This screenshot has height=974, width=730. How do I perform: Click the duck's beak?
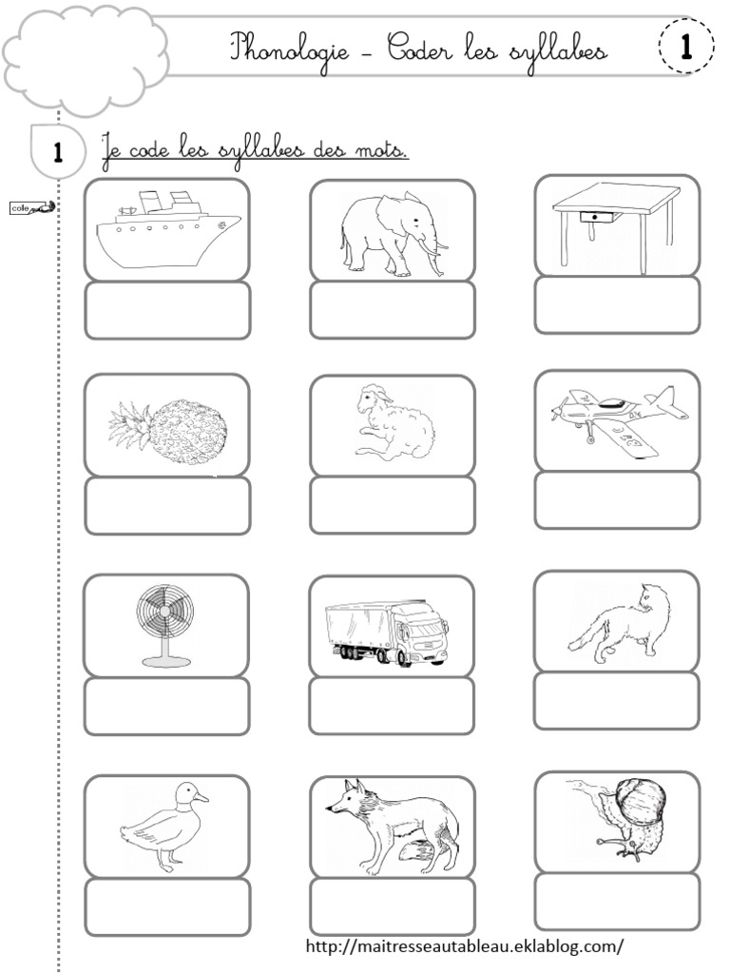(203, 794)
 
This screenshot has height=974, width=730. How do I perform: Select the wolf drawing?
(392, 825)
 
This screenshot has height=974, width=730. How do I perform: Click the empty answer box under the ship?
(167, 310)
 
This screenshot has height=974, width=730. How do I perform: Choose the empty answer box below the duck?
(167, 906)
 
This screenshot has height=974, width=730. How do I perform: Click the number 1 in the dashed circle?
(684, 46)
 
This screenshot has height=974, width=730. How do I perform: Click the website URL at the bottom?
(465, 946)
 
